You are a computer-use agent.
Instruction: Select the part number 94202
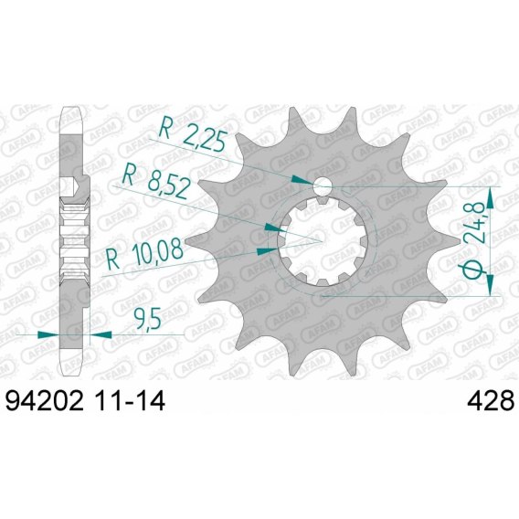[44, 400]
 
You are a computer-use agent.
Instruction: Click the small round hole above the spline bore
[323, 186]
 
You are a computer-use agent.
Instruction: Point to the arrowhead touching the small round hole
[302, 181]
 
